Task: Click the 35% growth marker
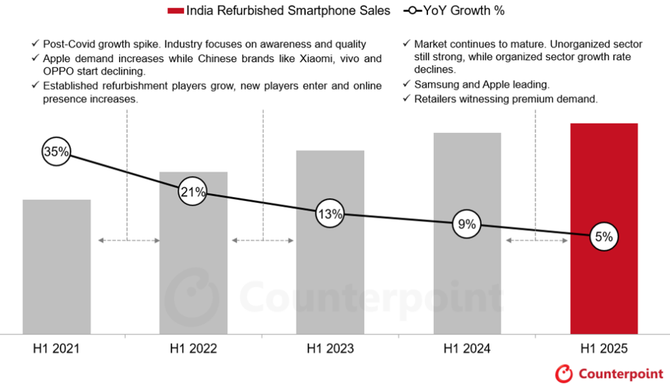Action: pyautogui.click(x=56, y=152)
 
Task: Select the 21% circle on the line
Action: pyautogui.click(x=193, y=192)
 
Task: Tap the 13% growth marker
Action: pyautogui.click(x=329, y=213)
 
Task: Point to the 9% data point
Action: pyautogui.click(x=467, y=225)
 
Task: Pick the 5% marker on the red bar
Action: pyautogui.click(x=603, y=237)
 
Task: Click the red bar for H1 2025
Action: pyautogui.click(x=604, y=288)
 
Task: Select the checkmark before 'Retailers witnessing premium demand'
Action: pyautogui.click(x=407, y=99)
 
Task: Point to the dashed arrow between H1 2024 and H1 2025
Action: pyautogui.click(x=536, y=240)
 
